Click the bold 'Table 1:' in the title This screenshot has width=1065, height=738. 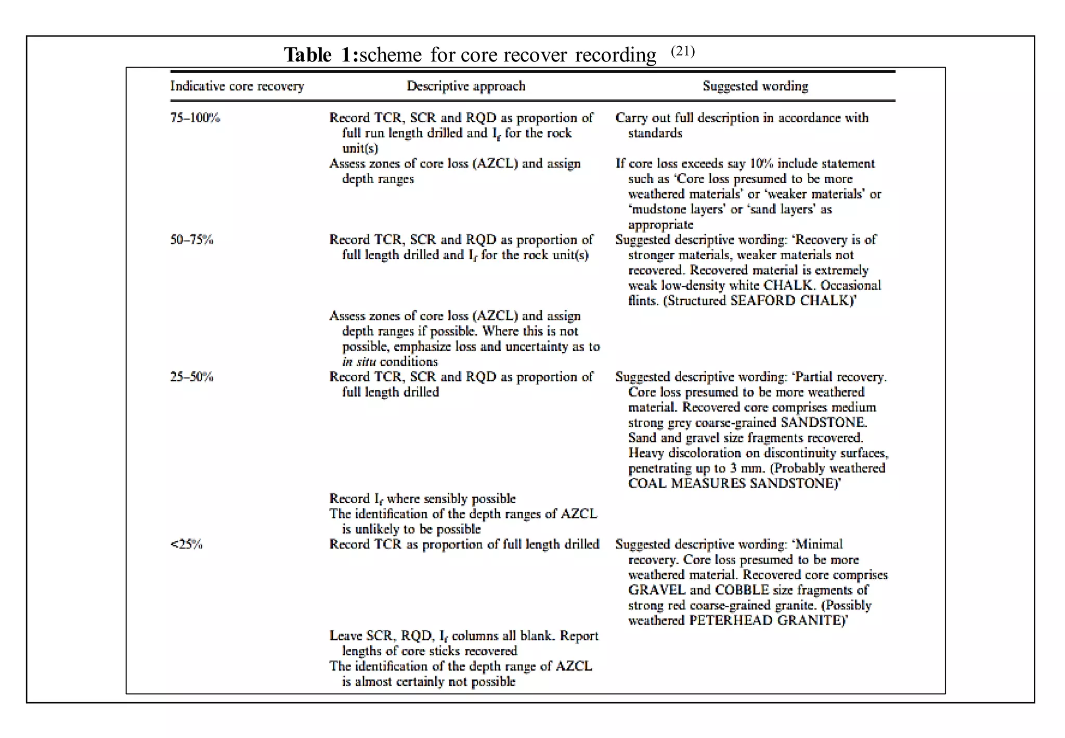[321, 55]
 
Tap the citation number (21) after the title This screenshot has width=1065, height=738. [682, 51]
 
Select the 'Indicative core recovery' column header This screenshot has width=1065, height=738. [237, 86]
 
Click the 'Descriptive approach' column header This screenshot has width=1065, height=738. [466, 86]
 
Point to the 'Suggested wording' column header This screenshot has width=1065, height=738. [755, 86]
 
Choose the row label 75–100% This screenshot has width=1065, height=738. [195, 118]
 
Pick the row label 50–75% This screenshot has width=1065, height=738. [192, 240]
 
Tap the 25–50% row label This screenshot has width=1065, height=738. [192, 377]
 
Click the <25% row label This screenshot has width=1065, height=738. [186, 544]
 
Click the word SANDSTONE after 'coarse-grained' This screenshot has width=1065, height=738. [824, 423]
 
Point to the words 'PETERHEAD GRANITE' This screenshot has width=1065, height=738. [765, 620]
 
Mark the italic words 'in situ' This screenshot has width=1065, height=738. [359, 362]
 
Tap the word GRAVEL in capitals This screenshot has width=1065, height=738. [657, 590]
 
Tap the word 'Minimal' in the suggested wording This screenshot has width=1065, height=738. [819, 544]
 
